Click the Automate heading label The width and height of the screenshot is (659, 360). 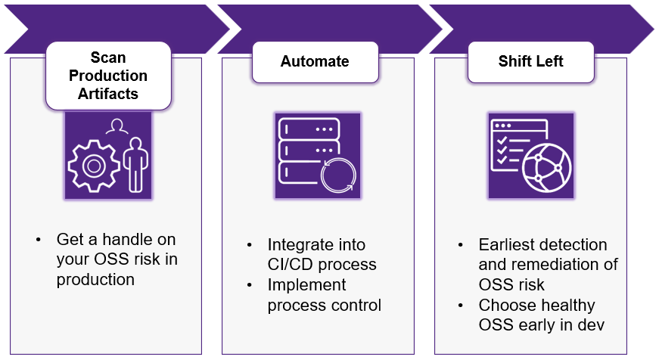tap(315, 61)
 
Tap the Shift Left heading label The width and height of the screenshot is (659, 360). tap(531, 61)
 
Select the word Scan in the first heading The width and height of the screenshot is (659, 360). tap(108, 57)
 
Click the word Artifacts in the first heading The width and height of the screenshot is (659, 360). tap(108, 94)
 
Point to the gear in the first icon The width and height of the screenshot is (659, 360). tap(94, 166)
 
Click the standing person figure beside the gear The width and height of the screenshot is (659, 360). tap(135, 165)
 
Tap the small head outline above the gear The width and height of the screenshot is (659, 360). tap(117, 126)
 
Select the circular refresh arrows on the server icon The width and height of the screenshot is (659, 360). tap(338, 175)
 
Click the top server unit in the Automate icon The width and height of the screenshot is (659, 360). tap(309, 129)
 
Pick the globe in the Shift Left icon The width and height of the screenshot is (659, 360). tap(547, 168)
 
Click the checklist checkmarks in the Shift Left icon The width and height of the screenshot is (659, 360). tap(502, 150)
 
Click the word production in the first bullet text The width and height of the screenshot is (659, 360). tap(95, 280)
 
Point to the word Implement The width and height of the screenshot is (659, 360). tap(307, 285)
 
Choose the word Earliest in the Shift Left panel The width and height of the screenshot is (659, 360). tap(506, 244)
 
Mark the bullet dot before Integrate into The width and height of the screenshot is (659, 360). tap(250, 245)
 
